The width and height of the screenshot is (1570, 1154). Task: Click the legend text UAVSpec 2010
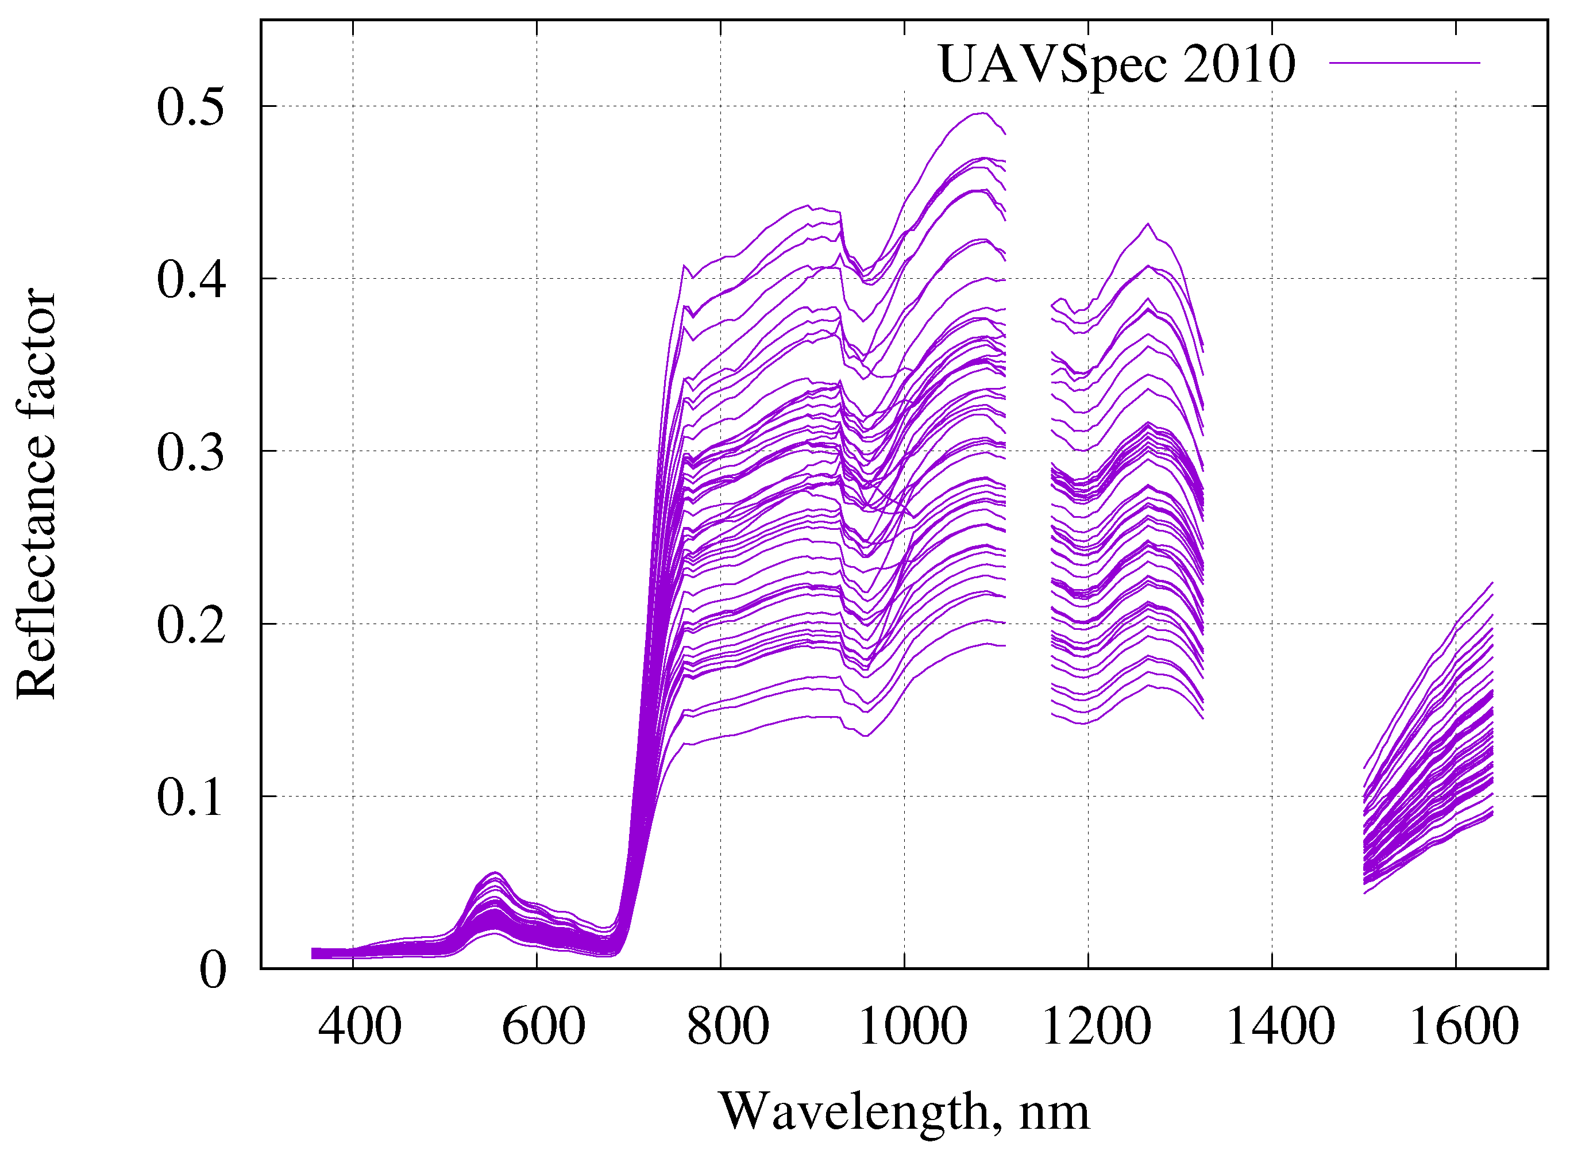point(1116,64)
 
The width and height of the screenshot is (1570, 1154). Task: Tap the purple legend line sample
point(1404,63)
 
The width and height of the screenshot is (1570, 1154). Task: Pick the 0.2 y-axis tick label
point(191,625)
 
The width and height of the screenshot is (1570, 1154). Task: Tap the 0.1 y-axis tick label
point(191,797)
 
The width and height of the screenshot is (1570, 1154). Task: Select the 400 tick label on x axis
point(360,1026)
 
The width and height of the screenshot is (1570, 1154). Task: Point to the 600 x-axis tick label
point(543,1026)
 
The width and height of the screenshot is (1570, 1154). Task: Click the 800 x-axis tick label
point(727,1026)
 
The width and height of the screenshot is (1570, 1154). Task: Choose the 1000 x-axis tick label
point(912,1026)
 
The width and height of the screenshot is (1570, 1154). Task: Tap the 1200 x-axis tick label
point(1095,1026)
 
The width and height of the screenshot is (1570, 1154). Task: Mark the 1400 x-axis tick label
point(1279,1026)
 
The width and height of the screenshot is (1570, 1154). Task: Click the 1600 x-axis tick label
point(1464,1026)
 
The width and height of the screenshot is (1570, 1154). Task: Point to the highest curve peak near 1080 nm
point(982,113)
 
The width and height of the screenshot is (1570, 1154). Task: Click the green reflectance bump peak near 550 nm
point(494,872)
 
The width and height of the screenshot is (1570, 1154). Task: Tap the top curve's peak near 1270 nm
point(1148,224)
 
